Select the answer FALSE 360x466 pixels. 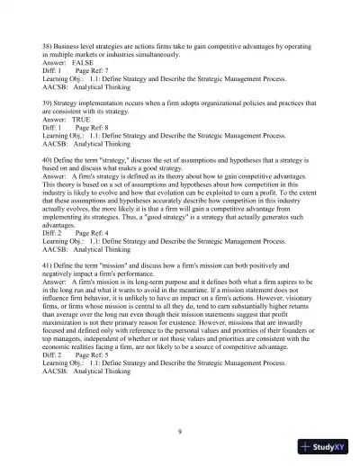[83, 64]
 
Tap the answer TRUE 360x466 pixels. [81, 119]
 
